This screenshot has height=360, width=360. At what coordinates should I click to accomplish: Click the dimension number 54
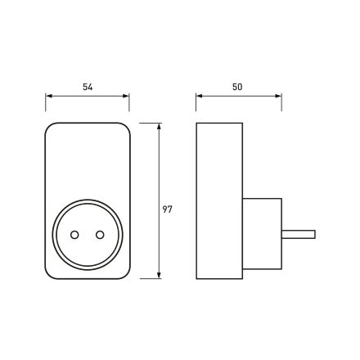(88, 87)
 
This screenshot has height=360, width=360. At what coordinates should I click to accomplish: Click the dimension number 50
(237, 87)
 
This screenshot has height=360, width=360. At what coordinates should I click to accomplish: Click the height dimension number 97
(168, 209)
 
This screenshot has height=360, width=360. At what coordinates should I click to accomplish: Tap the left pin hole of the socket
(74, 235)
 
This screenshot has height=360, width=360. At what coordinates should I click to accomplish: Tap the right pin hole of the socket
(100, 235)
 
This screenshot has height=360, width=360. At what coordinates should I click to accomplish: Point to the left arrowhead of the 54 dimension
(48, 96)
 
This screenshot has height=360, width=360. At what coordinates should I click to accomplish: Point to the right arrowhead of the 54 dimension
(126, 96)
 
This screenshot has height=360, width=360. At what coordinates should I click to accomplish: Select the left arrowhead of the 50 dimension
(199, 96)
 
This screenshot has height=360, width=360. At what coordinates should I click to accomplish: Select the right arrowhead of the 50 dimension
(278, 96)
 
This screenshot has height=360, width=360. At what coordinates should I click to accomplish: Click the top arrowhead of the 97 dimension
(159, 126)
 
